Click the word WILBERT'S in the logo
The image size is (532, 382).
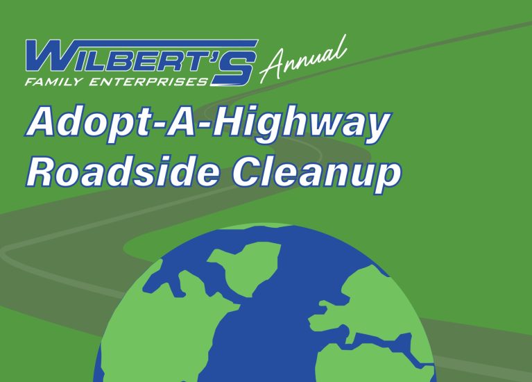139,56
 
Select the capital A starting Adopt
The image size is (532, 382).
42,124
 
